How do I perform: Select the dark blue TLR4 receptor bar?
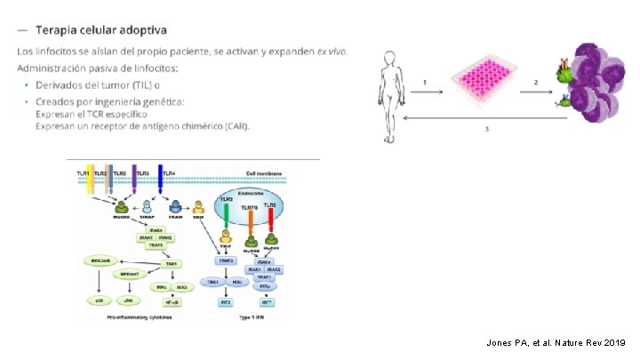161,178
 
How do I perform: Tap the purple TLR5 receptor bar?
134,178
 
